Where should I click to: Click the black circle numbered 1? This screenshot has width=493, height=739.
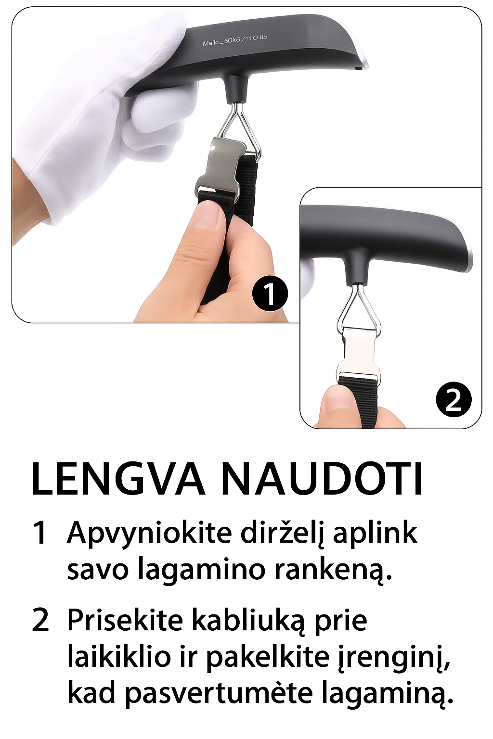point(270,293)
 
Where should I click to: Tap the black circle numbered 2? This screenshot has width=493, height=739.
point(454,399)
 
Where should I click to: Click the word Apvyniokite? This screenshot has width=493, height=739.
point(150,533)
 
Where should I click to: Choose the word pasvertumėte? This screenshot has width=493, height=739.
point(219,693)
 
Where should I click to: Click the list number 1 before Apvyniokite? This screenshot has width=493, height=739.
point(40,534)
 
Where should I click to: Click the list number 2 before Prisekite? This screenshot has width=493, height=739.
point(40,621)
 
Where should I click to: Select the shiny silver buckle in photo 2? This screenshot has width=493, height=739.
point(359,354)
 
